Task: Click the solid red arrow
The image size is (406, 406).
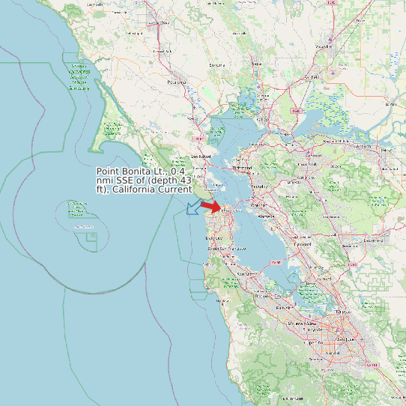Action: click(211, 207)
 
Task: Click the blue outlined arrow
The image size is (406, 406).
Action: click(193, 207)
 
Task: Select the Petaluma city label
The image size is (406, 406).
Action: click(177, 82)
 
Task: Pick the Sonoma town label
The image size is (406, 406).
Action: click(217, 65)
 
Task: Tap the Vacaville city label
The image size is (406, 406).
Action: click(324, 46)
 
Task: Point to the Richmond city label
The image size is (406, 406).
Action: click(243, 168)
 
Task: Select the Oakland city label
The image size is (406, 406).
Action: click(258, 204)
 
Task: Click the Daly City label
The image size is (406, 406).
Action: click(213, 237)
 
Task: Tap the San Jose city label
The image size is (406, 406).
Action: click(345, 339)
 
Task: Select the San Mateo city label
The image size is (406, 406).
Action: click(246, 274)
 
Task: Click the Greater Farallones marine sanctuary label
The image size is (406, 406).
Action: click(79, 77)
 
